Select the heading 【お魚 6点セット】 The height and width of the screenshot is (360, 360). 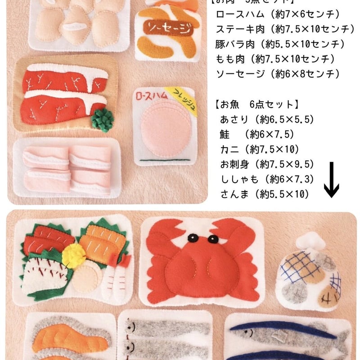(256, 104)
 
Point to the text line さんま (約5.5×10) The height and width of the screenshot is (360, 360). (264, 194)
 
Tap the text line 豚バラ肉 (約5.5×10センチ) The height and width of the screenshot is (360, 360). (280, 44)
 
